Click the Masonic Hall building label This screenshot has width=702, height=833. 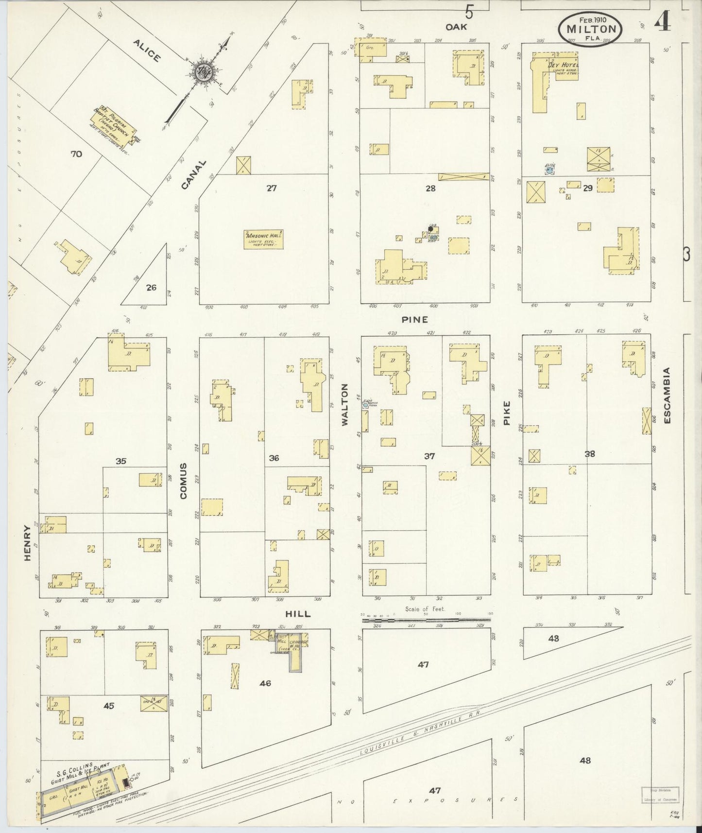click(x=264, y=239)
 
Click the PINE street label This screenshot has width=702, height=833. click(x=414, y=319)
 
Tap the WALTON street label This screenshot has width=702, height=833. click(x=345, y=404)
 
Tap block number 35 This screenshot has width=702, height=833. click(x=120, y=461)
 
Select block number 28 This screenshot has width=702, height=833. click(x=430, y=188)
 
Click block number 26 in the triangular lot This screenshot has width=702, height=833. click(x=151, y=287)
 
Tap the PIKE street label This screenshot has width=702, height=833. click(x=507, y=413)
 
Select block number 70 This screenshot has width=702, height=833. click(x=76, y=155)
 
